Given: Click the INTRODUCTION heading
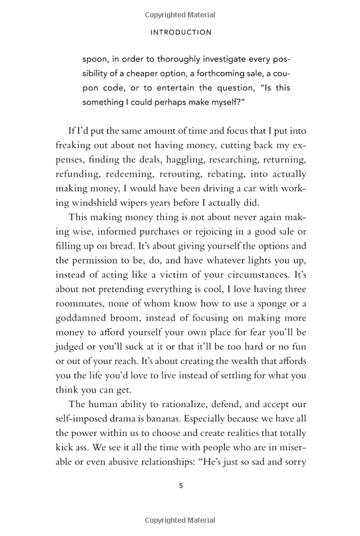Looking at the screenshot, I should click(181, 32).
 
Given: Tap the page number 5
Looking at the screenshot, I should click(181, 486).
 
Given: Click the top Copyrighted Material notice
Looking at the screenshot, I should click(181, 15).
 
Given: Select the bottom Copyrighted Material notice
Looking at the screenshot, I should click(181, 520).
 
